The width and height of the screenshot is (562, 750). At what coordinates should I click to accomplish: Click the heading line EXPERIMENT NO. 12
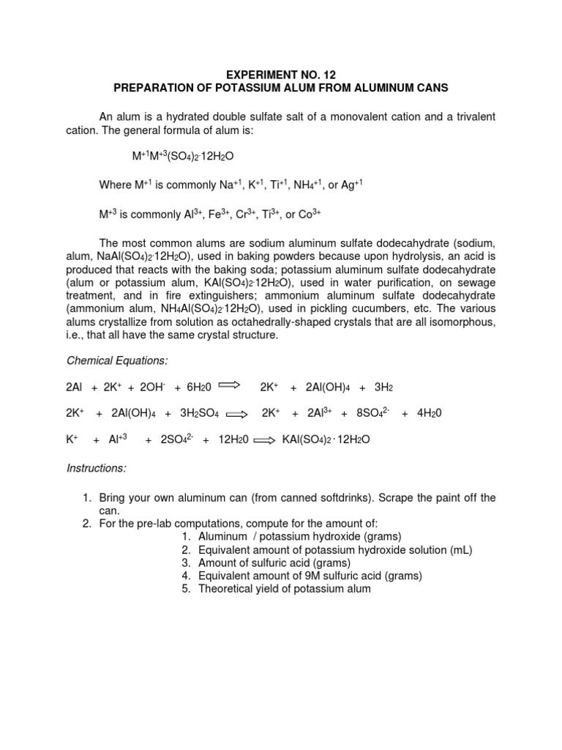click(280, 75)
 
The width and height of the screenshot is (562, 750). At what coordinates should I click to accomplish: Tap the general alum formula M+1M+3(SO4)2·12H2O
click(183, 157)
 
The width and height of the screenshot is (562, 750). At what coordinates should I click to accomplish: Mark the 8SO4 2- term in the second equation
click(371, 413)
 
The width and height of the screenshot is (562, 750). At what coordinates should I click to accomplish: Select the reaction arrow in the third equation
click(264, 441)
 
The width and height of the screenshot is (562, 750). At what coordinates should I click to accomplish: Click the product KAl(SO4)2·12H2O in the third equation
click(326, 441)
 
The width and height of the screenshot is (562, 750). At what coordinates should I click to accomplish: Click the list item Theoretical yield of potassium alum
click(285, 589)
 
